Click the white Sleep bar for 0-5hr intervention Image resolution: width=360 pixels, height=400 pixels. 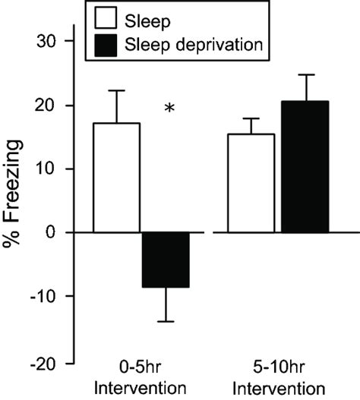(x=117, y=178)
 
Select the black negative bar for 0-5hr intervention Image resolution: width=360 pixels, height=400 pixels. (x=165, y=260)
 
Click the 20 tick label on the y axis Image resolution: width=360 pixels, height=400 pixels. (x=53, y=105)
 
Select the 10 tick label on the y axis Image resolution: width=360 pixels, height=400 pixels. (x=54, y=169)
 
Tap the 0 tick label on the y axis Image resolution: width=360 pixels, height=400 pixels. (x=58, y=232)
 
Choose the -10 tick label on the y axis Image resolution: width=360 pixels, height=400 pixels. (x=50, y=297)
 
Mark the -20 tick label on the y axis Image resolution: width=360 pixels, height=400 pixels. (x=50, y=361)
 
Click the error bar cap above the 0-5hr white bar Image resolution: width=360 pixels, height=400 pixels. (x=117, y=90)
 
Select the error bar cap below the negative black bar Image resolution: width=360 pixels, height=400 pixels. (x=165, y=322)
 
